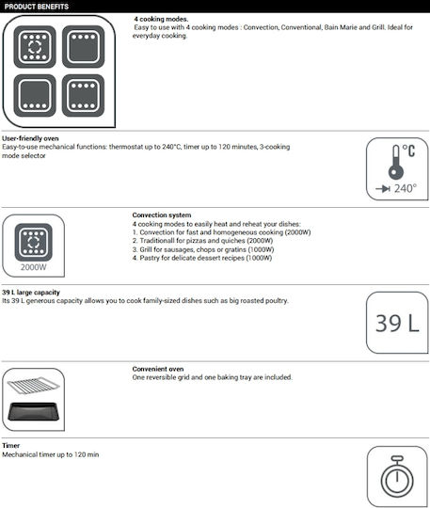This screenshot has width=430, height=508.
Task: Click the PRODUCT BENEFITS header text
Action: tap(37, 7)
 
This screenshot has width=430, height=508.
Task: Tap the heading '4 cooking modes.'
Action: tap(161, 19)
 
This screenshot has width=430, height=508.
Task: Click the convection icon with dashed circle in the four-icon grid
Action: tap(35, 47)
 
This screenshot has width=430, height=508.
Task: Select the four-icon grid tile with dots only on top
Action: tap(84, 47)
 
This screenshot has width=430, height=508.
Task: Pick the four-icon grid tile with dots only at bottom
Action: tap(35, 96)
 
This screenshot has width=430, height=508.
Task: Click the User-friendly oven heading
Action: tap(30, 138)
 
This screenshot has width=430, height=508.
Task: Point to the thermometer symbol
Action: tap(396, 162)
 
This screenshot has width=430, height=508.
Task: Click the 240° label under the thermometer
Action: tap(406, 188)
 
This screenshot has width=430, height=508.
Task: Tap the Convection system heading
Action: tap(162, 215)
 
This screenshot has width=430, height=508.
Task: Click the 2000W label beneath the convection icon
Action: tap(33, 267)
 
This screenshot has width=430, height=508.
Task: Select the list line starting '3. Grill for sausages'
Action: tap(203, 249)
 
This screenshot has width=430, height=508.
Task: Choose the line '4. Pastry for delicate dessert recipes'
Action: tap(202, 258)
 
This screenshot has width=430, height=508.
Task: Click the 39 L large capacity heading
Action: tap(31, 293)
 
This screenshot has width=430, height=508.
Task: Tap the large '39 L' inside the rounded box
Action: tap(397, 323)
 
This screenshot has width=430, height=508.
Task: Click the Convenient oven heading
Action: tap(158, 369)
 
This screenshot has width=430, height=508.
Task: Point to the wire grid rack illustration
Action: tap(33, 385)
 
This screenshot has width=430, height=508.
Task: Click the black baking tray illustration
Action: tap(33, 411)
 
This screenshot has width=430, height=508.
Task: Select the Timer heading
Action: tap(10, 446)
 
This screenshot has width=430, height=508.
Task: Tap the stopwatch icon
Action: tap(397, 477)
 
